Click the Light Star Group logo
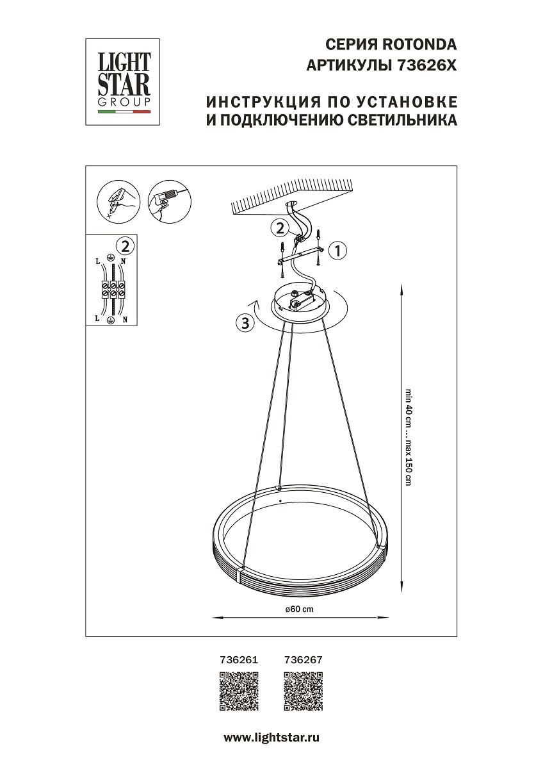tap(124, 81)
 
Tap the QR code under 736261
tap(239, 691)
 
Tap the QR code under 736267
tap(303, 691)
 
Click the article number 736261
tap(238, 658)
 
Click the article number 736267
tap(302, 658)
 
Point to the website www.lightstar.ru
tap(271, 738)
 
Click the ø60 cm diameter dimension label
tap(300, 609)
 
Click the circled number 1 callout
tap(337, 250)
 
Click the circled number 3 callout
tap(243, 323)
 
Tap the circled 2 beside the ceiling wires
tap(279, 227)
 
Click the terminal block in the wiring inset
tap(113, 289)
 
